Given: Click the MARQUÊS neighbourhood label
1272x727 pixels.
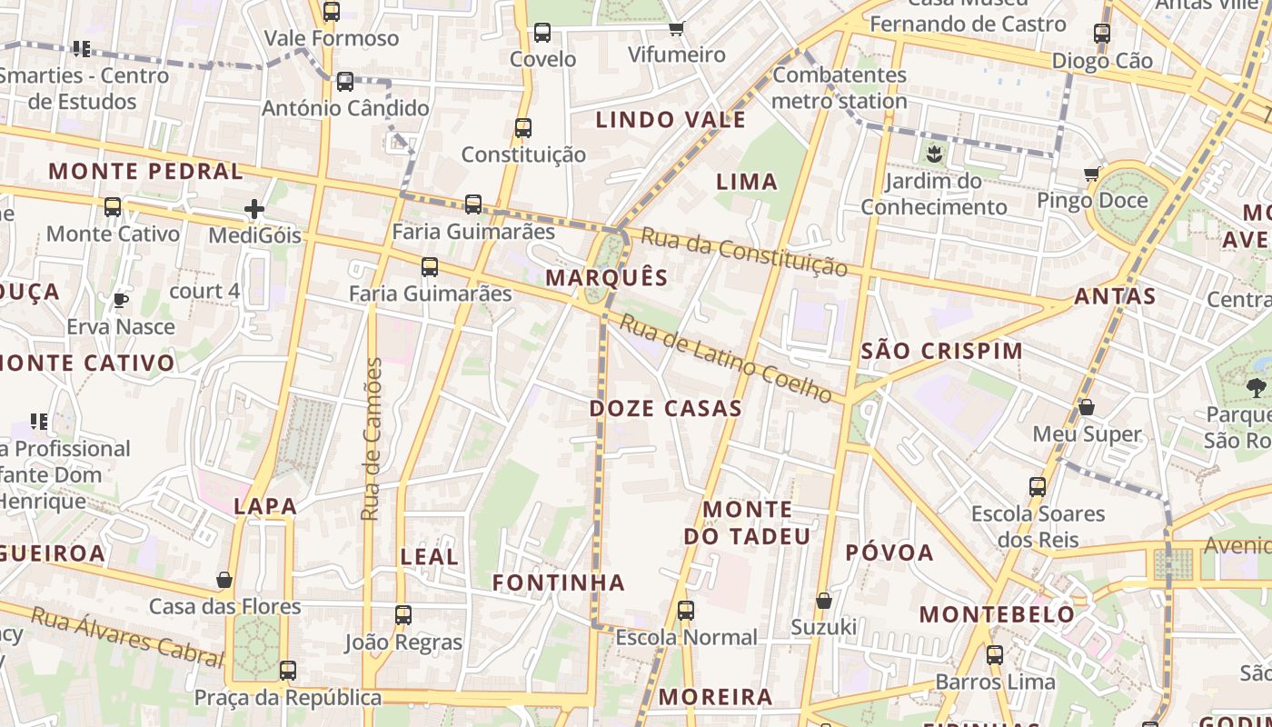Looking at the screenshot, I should click(x=607, y=278).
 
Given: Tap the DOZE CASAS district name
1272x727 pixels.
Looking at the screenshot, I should click(x=665, y=409).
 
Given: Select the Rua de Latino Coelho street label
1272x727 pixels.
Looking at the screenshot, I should click(x=726, y=358).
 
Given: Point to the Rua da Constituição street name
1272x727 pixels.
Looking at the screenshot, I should click(x=744, y=252).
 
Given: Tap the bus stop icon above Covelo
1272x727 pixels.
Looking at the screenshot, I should click(x=542, y=33).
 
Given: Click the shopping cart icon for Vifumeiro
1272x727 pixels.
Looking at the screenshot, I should click(x=676, y=29).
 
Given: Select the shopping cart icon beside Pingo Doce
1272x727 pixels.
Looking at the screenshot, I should click(x=1091, y=174).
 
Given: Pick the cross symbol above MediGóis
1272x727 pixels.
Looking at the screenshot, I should click(x=254, y=210).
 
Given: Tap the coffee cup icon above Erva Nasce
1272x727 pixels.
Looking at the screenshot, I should click(x=121, y=300).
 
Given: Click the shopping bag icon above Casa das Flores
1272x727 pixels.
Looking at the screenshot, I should click(x=224, y=580).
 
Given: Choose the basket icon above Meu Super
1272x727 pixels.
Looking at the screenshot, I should click(x=1087, y=407).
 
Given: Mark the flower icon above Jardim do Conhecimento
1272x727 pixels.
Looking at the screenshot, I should click(x=934, y=154).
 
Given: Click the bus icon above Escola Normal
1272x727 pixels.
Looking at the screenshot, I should click(x=686, y=611).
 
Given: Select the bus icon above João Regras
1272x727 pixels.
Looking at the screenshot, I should click(x=403, y=615).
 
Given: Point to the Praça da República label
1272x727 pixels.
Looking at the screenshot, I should click(x=288, y=698).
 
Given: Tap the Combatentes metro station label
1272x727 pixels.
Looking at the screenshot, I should click(x=840, y=87).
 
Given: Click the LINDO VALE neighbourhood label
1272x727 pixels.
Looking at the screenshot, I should click(x=671, y=120).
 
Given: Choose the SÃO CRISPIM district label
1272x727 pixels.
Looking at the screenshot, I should click(x=941, y=351).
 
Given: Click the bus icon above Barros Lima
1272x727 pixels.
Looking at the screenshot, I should click(x=995, y=654).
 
